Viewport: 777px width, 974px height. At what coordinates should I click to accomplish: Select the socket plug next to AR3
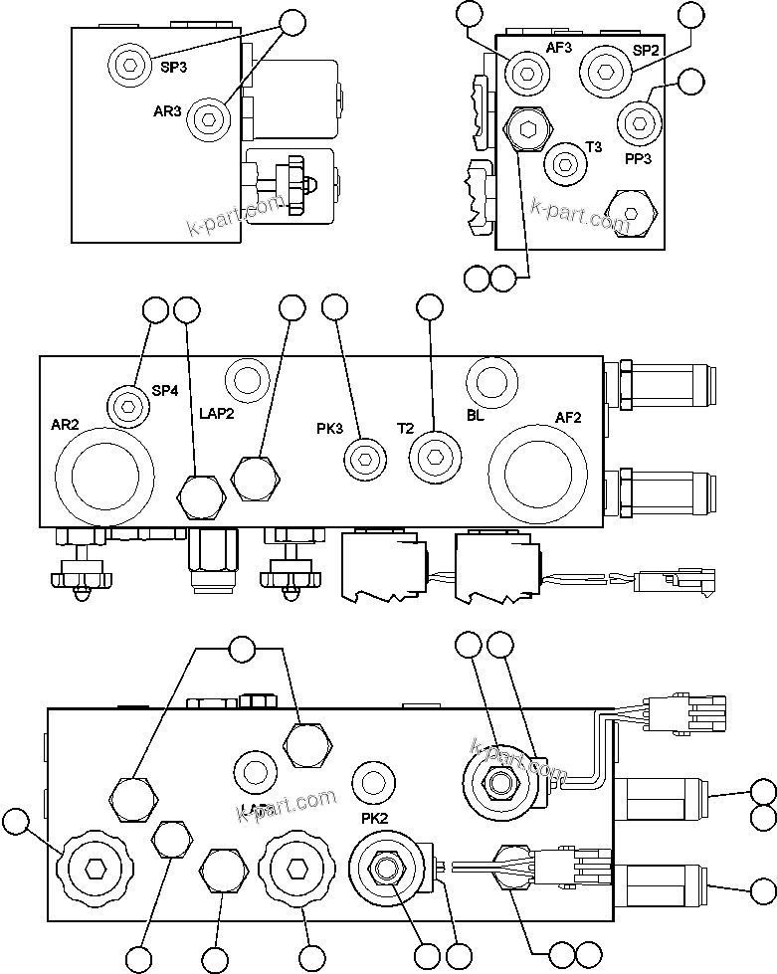pos(208,118)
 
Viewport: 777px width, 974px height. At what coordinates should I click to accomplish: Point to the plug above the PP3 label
pos(639,123)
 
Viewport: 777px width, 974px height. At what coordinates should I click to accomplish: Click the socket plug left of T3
pos(564,161)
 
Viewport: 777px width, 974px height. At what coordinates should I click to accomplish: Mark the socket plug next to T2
pos(435,457)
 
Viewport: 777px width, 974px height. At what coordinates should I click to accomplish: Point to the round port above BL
pos(491,379)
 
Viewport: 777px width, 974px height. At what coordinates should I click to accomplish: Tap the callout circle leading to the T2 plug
pos(429,308)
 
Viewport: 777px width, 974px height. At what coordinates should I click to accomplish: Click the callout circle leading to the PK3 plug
pos(335,308)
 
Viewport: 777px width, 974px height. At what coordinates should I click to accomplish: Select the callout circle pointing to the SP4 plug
pos(155,309)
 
